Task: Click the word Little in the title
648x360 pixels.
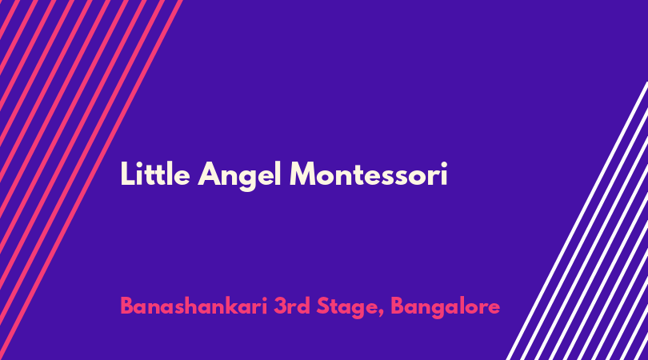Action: tap(155, 174)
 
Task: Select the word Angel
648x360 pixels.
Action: tap(240, 176)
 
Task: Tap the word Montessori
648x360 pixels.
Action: tap(369, 174)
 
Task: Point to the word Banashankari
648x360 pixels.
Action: tap(194, 306)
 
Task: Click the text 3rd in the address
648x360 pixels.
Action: tap(292, 306)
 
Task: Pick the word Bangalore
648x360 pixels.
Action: tap(445, 308)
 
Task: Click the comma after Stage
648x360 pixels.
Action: tap(381, 314)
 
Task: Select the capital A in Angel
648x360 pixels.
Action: tap(209, 174)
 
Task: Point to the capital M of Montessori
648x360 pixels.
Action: tap(303, 174)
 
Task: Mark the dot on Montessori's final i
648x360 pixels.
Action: tap(444, 164)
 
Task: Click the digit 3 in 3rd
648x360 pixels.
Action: tap(280, 306)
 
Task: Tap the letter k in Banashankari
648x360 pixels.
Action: tap(232, 306)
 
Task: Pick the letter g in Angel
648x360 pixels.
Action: tap(247, 180)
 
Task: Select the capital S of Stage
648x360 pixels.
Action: tap(322, 306)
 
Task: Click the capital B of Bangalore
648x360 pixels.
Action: tap(397, 306)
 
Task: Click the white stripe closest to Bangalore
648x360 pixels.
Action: tap(577, 221)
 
